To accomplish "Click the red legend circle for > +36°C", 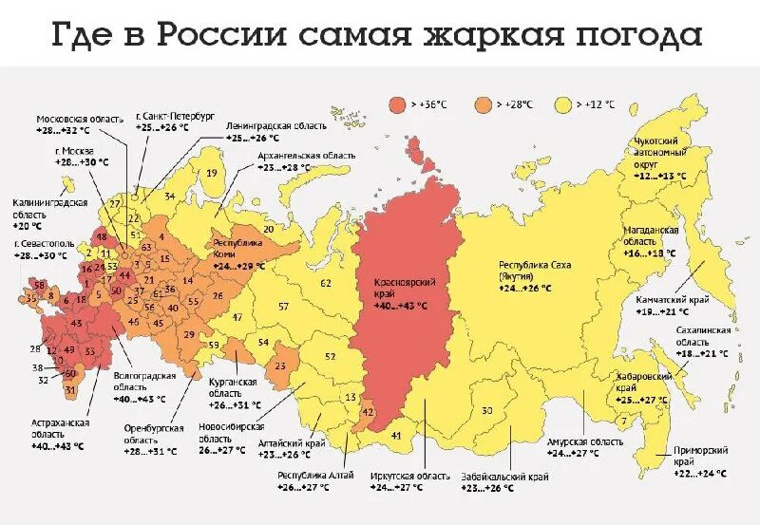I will [x=396, y=103].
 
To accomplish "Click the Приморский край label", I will [x=693, y=455].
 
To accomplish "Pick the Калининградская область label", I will [x=49, y=208].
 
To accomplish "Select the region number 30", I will [x=486, y=410].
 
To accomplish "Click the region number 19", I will [x=211, y=173].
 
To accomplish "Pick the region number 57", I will [x=283, y=306].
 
